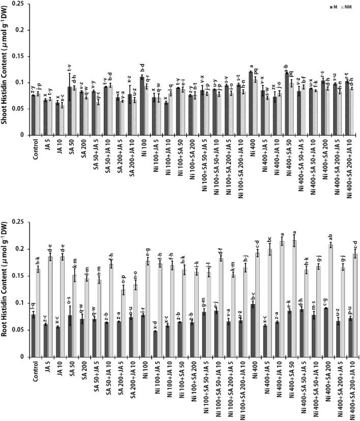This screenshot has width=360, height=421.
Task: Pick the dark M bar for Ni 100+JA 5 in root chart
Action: click(x=154, y=344)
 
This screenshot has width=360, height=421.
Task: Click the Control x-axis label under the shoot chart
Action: click(x=34, y=149)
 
